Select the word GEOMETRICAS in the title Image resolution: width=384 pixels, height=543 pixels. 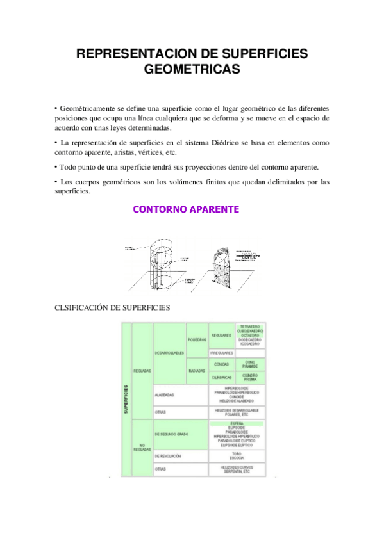tap(192, 69)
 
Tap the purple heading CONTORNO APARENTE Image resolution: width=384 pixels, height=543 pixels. tap(186, 209)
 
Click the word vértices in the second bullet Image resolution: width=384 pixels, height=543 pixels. tap(149, 153)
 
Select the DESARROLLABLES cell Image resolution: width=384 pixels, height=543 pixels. tap(169, 353)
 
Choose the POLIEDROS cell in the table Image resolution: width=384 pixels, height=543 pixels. tap(196, 339)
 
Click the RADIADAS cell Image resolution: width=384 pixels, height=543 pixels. tap(196, 371)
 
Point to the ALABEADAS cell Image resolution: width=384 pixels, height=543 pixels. tap(164, 395)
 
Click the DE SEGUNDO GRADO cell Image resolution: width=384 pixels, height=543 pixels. tap(171, 435)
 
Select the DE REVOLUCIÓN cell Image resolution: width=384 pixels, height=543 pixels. tap(168, 457)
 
